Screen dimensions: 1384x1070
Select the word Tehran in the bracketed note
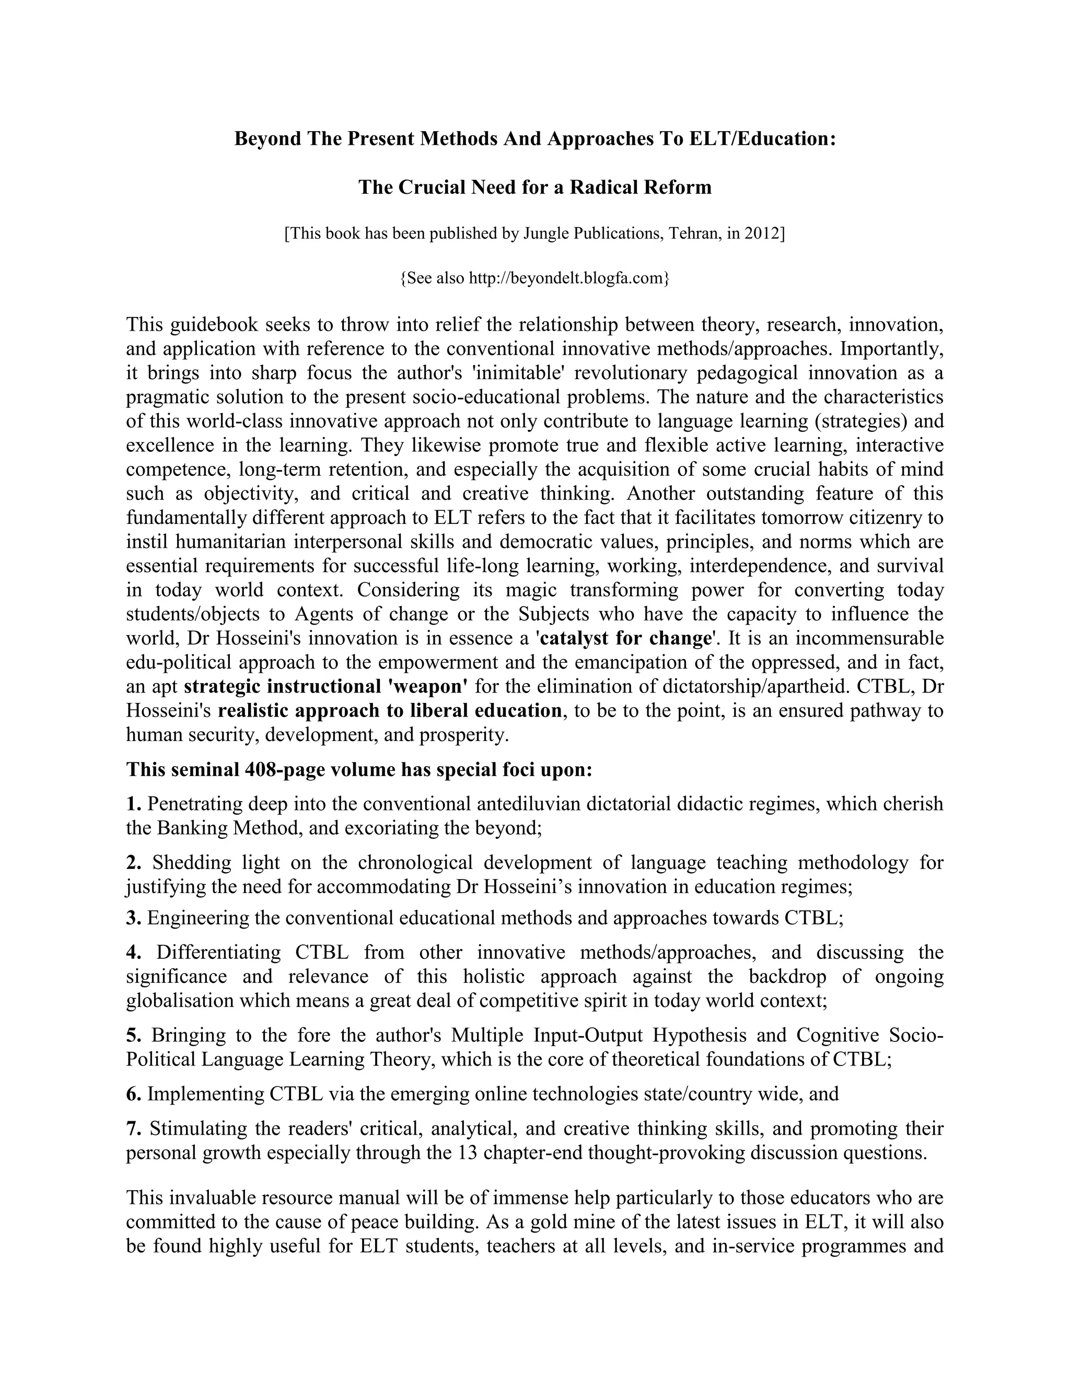[x=691, y=234]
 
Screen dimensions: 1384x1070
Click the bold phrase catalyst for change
[x=624, y=638]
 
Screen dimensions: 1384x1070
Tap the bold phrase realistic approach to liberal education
[x=389, y=710]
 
